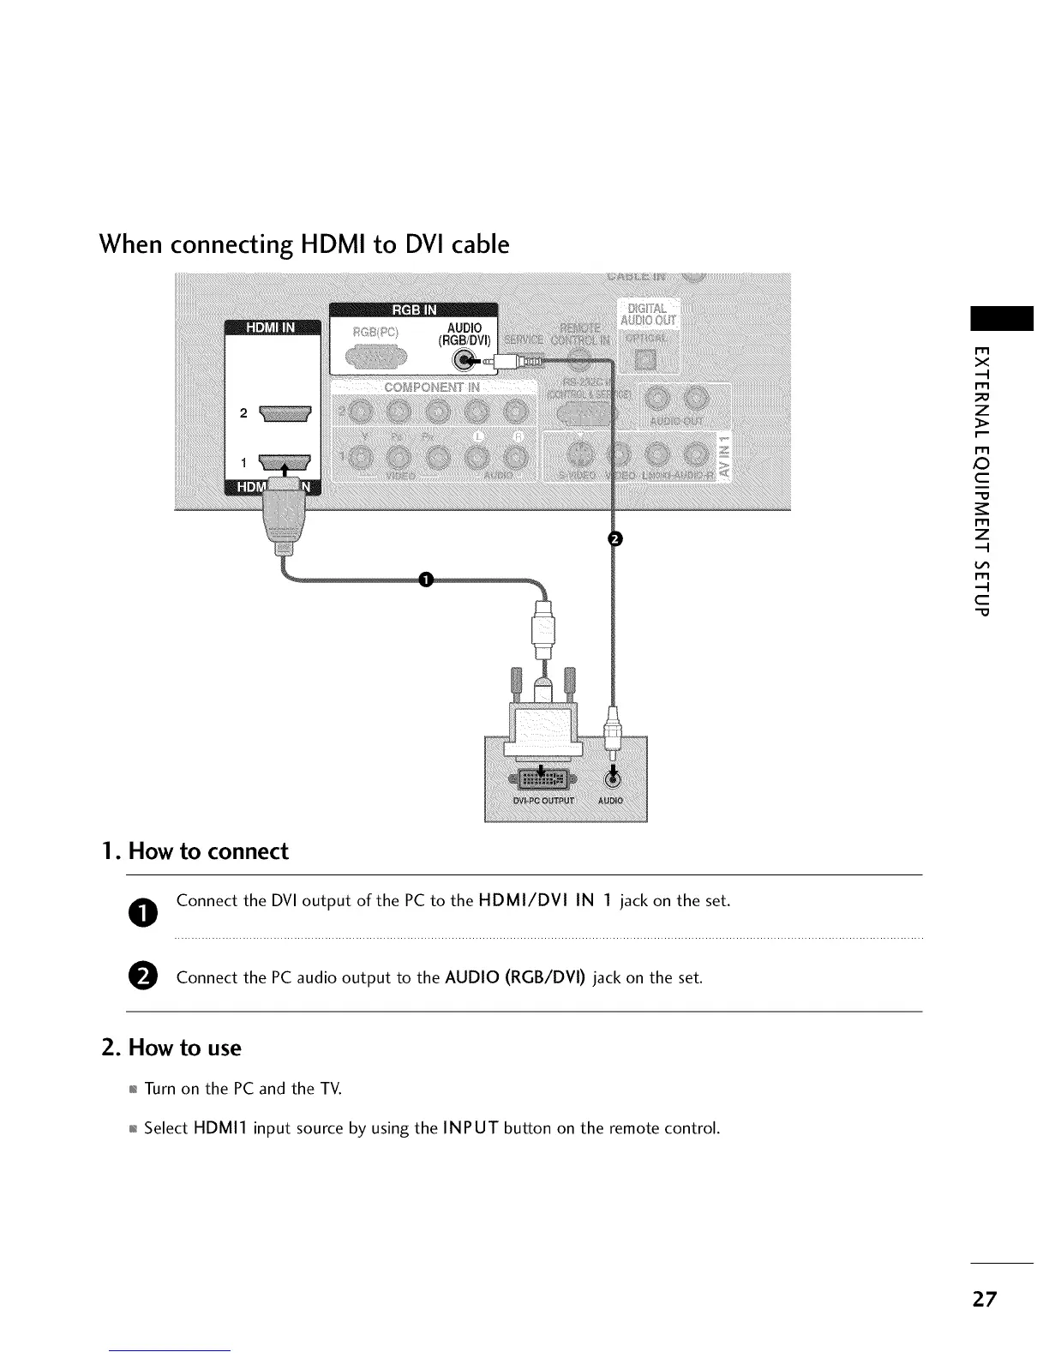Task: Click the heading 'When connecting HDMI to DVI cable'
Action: [304, 245]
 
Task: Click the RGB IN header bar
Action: [413, 310]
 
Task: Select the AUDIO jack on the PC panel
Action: [612, 778]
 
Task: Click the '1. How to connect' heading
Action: [195, 851]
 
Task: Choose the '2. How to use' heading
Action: [171, 1048]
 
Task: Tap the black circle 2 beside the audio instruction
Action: [145, 976]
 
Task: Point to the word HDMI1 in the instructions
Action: [221, 1127]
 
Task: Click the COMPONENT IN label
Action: [432, 388]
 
